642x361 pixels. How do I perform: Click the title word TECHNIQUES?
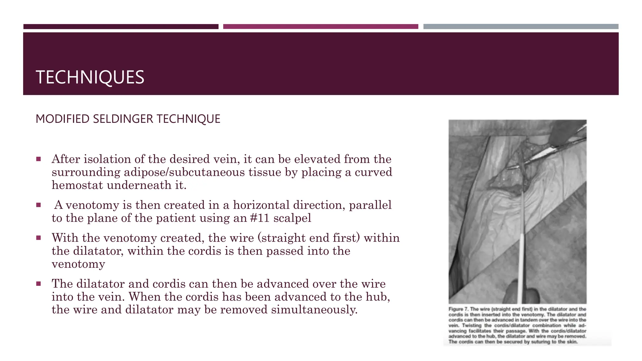(90, 77)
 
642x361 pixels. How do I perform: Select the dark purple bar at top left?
(121, 27)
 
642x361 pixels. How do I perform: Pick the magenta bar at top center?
(320, 27)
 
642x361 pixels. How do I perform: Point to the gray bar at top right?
(521, 27)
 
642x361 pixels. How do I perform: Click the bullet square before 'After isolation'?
(39, 159)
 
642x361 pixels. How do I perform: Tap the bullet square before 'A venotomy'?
(39, 205)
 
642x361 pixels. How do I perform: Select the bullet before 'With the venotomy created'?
(39, 238)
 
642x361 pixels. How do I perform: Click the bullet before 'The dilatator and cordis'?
(39, 284)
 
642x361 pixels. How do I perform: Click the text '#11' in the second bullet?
(260, 218)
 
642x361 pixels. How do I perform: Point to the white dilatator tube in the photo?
(521, 263)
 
